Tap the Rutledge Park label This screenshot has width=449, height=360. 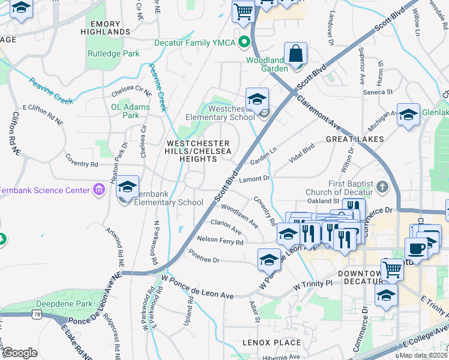click(x=113, y=54)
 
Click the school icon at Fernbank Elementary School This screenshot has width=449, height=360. click(x=127, y=187)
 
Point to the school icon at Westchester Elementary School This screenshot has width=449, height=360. click(x=257, y=100)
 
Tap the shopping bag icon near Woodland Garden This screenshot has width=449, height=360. click(x=295, y=54)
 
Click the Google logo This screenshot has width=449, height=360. click(x=20, y=353)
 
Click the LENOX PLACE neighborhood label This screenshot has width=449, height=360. click(x=272, y=343)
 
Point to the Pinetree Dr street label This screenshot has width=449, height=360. click(x=204, y=260)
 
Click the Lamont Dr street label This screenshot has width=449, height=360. click(x=255, y=179)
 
